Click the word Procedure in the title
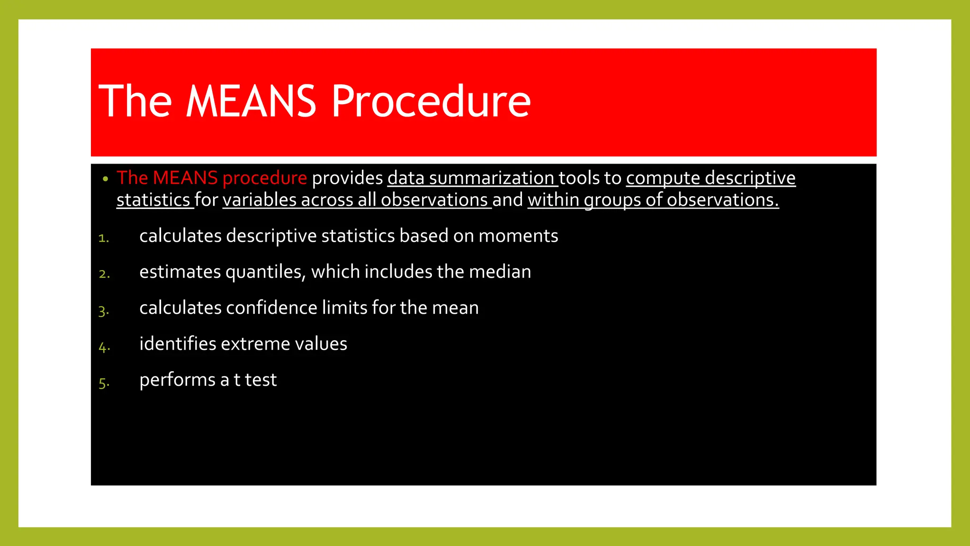tap(431, 101)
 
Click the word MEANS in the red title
tap(251, 101)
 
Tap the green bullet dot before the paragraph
tap(105, 179)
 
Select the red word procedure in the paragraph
tap(264, 178)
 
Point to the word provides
tap(347, 178)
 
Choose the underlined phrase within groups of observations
tap(653, 200)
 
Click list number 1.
tap(104, 238)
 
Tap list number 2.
tap(104, 274)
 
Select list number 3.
tap(104, 310)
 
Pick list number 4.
tap(104, 346)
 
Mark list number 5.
tap(104, 382)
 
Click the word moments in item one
tap(518, 236)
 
